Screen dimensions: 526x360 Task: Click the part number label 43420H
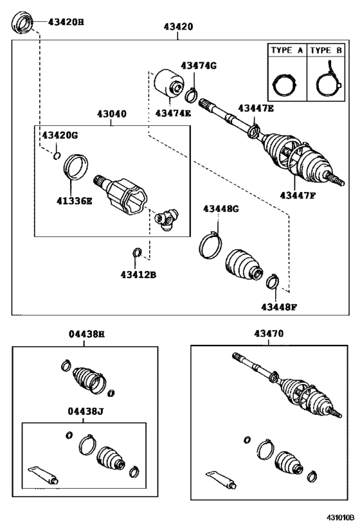click(66, 22)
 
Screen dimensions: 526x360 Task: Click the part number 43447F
click(298, 195)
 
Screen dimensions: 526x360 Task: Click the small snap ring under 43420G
click(57, 155)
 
